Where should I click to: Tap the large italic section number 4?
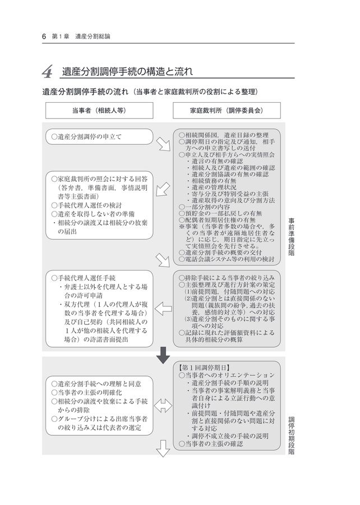pos(48,72)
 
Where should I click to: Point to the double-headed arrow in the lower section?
pos(163,403)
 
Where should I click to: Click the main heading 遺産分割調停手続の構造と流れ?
pos(127,72)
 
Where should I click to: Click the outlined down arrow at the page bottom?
pos(163,447)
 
